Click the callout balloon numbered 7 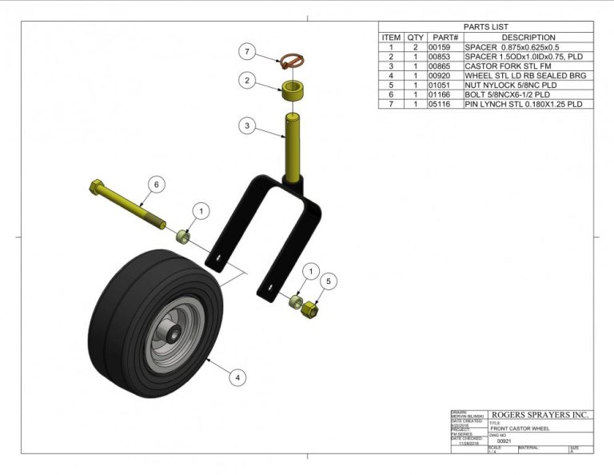[x=248, y=53]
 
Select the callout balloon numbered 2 [x=248, y=81]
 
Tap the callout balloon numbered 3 [x=248, y=126]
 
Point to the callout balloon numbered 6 [x=156, y=185]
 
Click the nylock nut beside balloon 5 [x=311, y=308]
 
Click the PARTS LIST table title [x=485, y=26]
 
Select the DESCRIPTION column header [x=528, y=38]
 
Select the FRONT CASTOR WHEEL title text [x=515, y=429]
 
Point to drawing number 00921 [x=504, y=441]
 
